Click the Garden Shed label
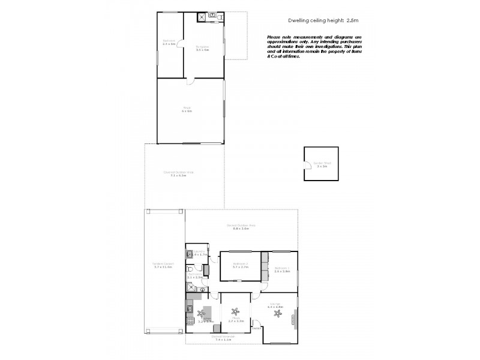pyautogui.click(x=321, y=163)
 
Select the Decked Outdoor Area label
pyautogui.click(x=241, y=226)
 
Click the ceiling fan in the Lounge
pyautogui.click(x=277, y=311)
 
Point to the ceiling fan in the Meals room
pyautogui.click(x=235, y=311)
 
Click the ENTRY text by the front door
pyautogui.click(x=256, y=328)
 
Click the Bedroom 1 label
pyautogui.click(x=282, y=268)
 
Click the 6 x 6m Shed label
pyautogui.click(x=187, y=111)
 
